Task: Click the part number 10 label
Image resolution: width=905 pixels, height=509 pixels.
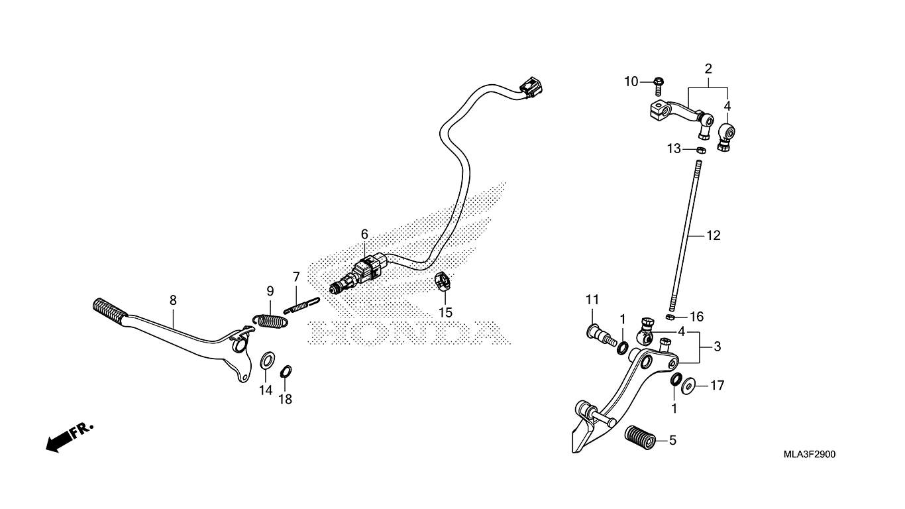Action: click(631, 82)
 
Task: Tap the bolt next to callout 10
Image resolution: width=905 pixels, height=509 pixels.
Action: click(659, 86)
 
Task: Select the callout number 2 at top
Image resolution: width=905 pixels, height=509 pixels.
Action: click(708, 69)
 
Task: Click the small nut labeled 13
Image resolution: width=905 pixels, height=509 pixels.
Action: click(702, 150)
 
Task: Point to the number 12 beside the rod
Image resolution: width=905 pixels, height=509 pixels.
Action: click(714, 235)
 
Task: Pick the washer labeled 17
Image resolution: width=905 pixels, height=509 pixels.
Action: click(688, 386)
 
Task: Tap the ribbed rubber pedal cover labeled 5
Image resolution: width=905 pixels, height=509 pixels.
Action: click(640, 437)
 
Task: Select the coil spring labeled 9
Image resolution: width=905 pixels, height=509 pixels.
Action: click(271, 320)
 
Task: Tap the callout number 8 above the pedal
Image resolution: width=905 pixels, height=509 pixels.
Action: click(173, 300)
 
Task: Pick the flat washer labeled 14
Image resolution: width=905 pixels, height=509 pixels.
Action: click(267, 361)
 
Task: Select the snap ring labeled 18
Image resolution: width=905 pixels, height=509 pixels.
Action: click(286, 371)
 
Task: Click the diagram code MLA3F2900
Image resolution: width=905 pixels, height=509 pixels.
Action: click(809, 455)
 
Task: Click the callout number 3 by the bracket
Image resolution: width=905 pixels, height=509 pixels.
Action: click(717, 347)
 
